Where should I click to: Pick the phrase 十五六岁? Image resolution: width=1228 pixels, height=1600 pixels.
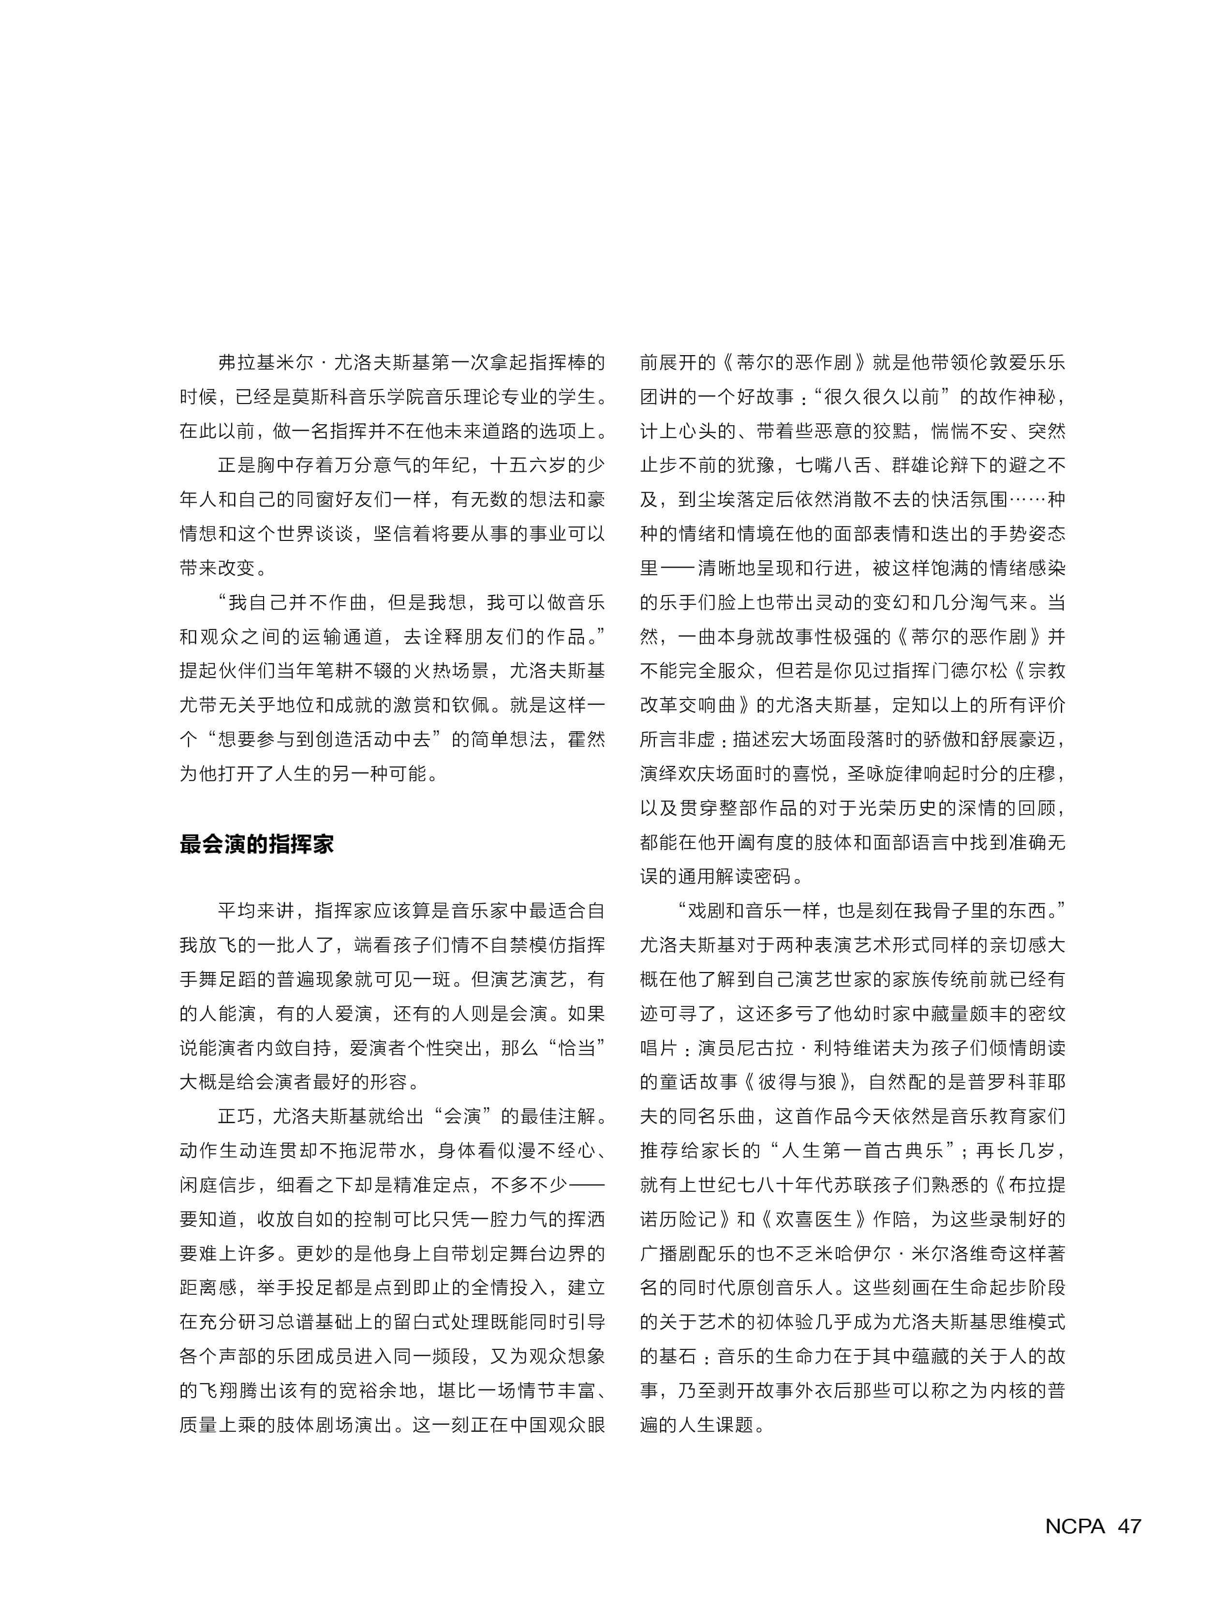pyautogui.click(x=528, y=465)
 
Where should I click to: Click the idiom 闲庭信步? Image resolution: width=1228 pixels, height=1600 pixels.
pyautogui.click(x=218, y=1185)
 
